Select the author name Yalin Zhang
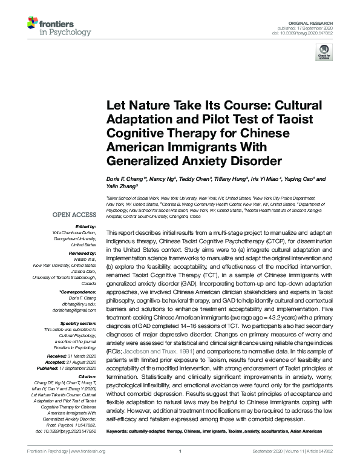pyautogui.click(x=121, y=187)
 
